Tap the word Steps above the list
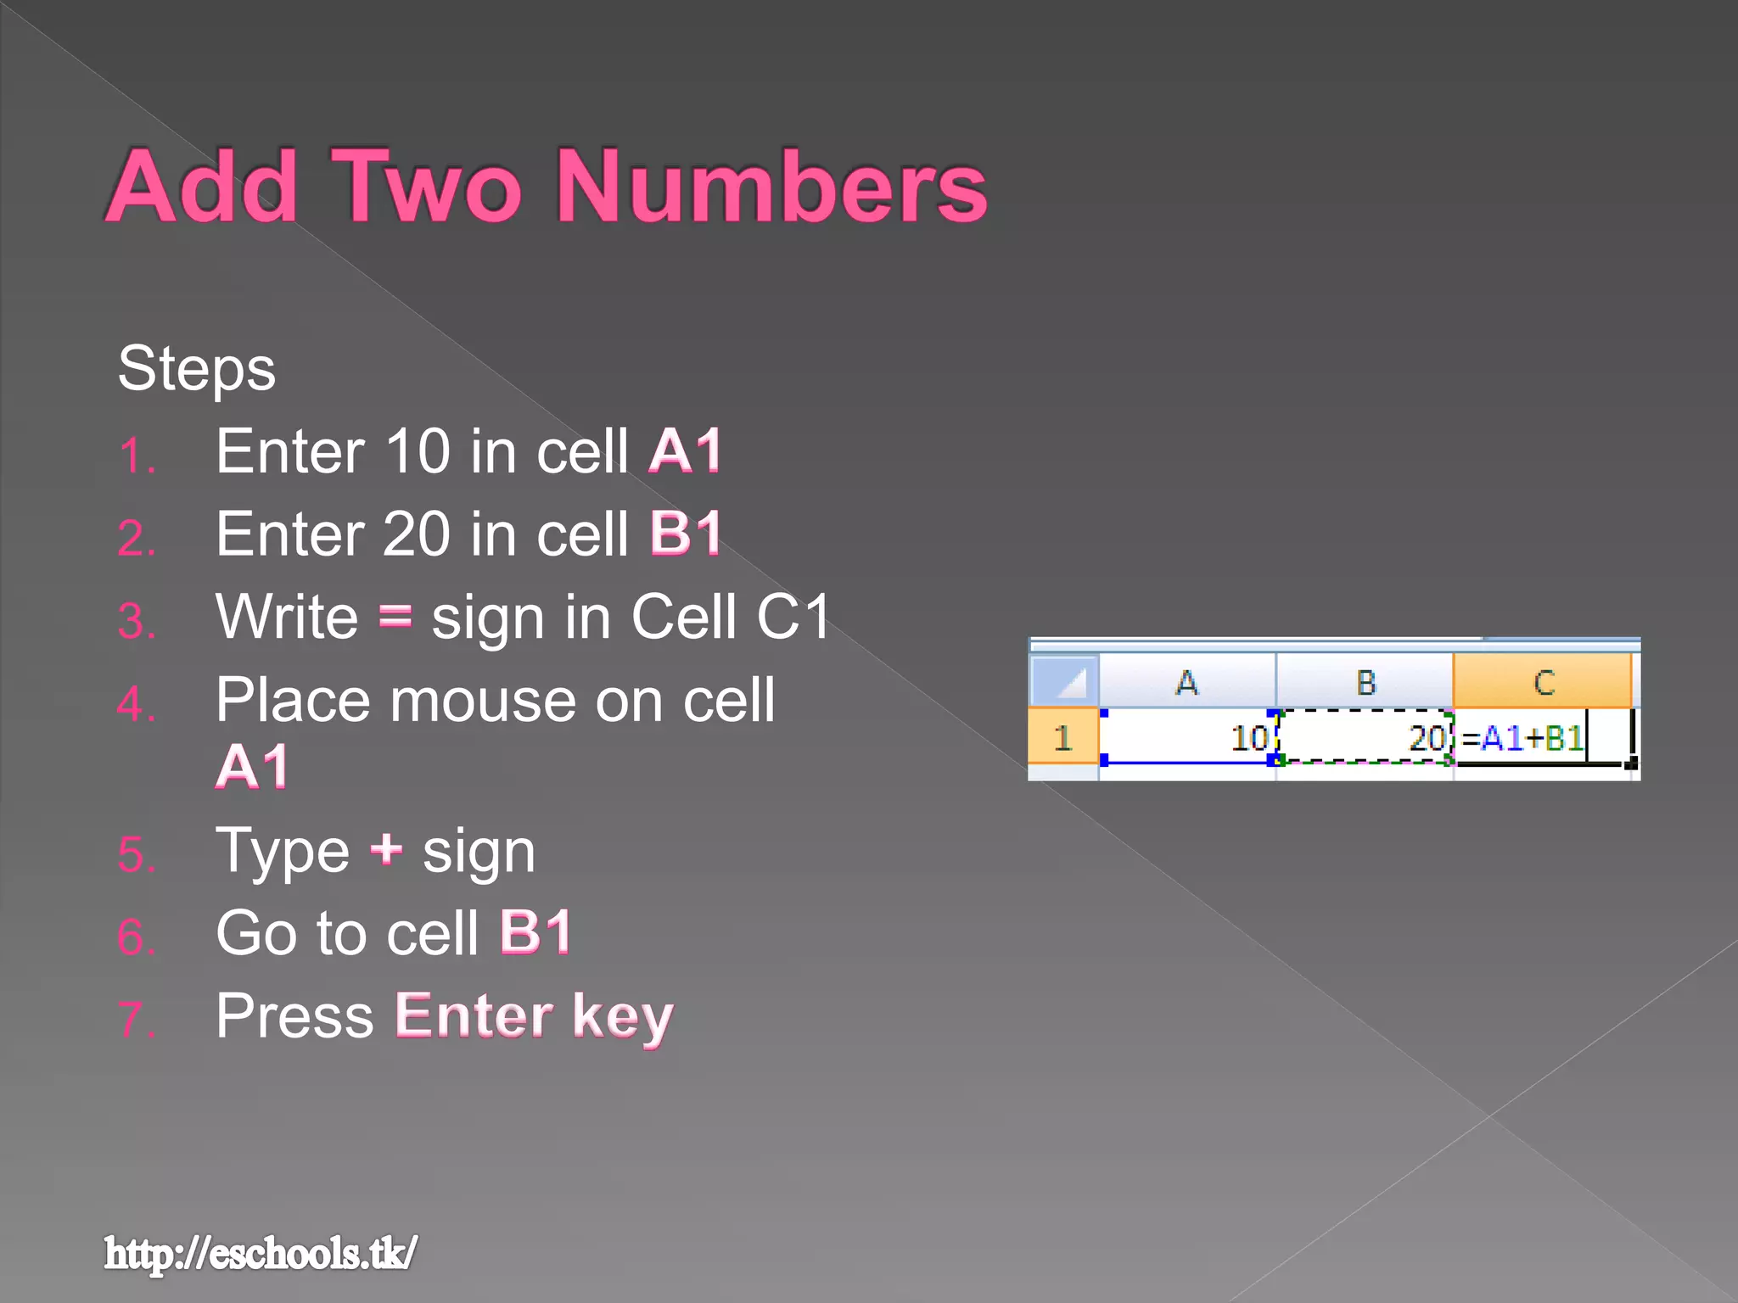coord(196,369)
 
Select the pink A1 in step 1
coord(685,450)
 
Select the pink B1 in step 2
coord(686,534)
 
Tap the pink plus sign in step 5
coord(386,849)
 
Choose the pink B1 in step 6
coord(535,932)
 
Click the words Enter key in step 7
coord(534,1015)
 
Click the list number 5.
coord(137,854)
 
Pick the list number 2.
coord(137,539)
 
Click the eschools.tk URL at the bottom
coord(261,1253)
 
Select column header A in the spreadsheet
coord(1186,682)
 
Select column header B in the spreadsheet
coord(1365,682)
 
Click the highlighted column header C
coord(1543,682)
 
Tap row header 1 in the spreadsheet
coord(1062,738)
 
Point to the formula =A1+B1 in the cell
coord(1523,738)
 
